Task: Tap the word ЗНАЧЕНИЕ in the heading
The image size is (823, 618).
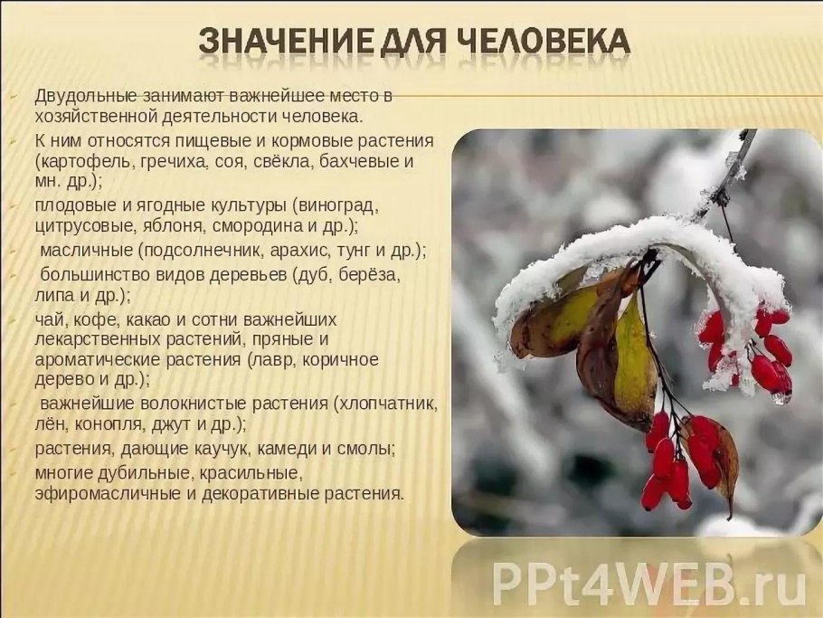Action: [x=283, y=41]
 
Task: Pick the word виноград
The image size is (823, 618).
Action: [x=320, y=204]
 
